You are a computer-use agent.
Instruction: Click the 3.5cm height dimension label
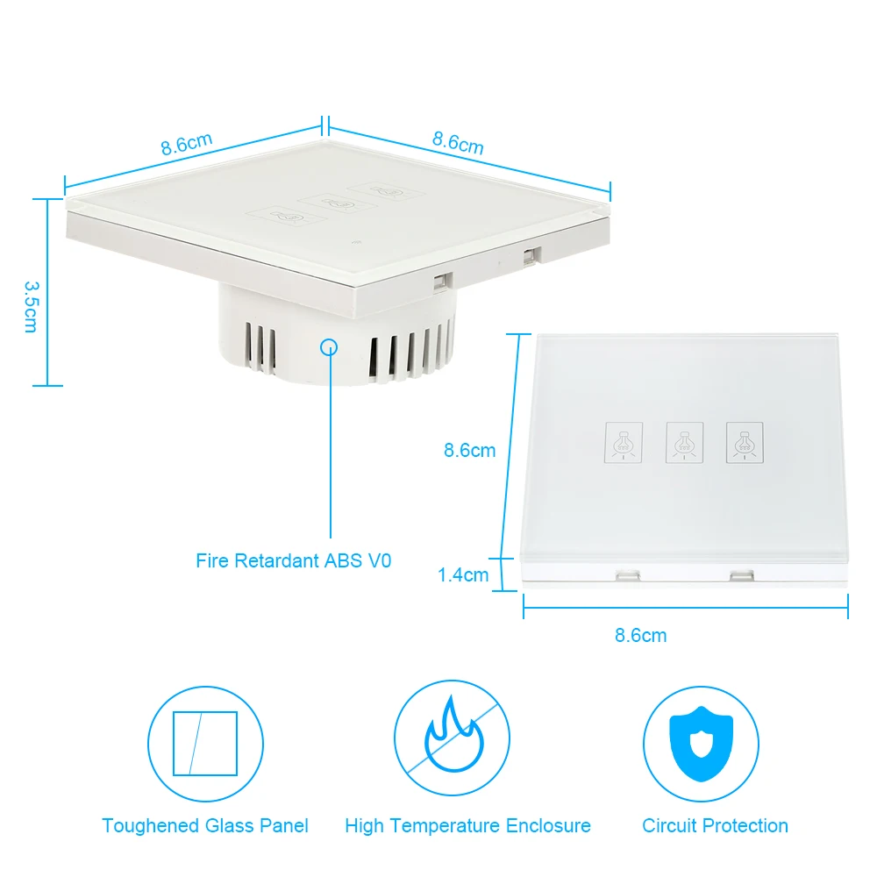click(30, 307)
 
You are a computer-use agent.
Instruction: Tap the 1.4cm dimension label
click(463, 575)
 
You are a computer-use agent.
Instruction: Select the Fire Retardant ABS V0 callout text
click(293, 560)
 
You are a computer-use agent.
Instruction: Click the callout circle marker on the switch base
click(330, 346)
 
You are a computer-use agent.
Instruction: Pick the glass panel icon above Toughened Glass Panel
click(205, 743)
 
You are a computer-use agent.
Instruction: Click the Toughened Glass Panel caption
click(205, 825)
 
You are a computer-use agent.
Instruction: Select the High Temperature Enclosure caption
click(467, 825)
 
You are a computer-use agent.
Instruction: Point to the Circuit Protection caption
click(715, 825)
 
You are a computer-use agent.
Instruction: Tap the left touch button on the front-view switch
click(624, 443)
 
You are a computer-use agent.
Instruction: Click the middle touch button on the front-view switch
click(684, 443)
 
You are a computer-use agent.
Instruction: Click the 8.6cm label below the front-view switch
click(641, 635)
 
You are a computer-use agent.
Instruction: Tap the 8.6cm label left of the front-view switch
click(469, 451)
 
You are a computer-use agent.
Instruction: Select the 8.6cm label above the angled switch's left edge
click(187, 144)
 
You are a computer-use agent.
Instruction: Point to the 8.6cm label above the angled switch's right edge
click(458, 142)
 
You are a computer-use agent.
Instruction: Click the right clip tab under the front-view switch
click(741, 575)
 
